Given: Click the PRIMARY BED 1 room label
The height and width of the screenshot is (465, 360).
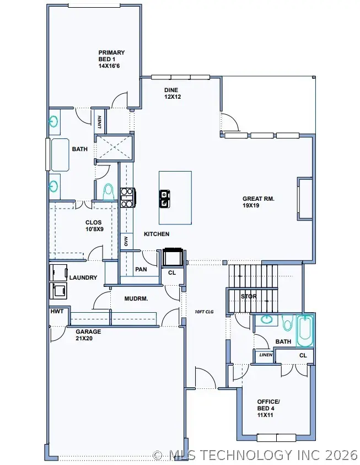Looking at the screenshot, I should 111,59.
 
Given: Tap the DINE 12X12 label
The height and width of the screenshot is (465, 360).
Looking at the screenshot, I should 173,93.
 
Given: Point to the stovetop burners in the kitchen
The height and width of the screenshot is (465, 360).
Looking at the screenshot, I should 127,197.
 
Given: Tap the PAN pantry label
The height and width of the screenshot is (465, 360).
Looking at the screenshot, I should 141,270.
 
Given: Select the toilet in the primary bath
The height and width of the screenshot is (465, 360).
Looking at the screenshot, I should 109,191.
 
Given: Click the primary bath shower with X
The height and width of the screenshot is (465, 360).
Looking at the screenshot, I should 113,147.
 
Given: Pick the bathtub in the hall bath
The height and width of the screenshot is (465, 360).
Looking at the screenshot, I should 304,330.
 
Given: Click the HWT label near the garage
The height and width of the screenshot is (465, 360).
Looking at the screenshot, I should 57,312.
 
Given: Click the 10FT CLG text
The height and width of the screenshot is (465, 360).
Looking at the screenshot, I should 204,312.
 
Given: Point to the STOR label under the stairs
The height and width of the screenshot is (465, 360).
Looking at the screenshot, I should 249,297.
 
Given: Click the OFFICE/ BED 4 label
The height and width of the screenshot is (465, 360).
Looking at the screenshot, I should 268,408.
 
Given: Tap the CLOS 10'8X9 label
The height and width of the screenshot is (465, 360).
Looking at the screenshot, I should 93,226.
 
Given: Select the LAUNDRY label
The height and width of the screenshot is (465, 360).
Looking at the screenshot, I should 83,277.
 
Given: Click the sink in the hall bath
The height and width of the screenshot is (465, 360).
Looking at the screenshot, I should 267,320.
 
